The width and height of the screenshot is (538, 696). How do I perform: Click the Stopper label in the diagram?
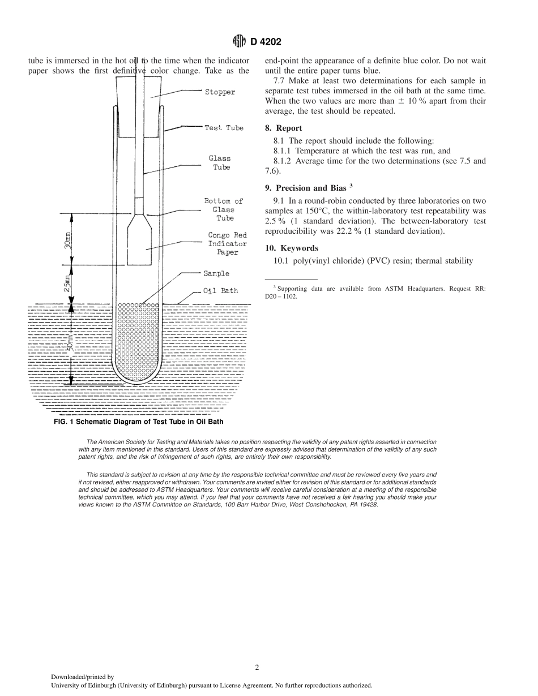(220, 92)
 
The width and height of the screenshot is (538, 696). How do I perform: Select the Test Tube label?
(224, 128)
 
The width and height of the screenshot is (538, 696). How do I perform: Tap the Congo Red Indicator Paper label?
(227, 244)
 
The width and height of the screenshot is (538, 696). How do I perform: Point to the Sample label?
(216, 274)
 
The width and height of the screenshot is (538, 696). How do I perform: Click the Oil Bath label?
(221, 291)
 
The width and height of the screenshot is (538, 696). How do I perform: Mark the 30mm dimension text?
(67, 240)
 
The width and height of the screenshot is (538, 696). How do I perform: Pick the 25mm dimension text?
(67, 283)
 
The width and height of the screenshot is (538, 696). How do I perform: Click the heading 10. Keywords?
(292, 248)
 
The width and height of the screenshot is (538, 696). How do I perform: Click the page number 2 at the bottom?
(257, 667)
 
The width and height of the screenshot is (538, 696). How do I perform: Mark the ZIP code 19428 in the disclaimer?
(369, 504)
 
